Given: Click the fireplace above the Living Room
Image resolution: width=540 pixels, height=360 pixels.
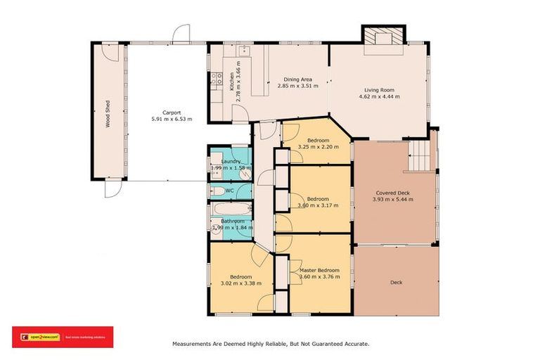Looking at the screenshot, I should click(383, 35).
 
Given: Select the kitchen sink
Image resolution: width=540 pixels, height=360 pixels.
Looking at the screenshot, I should click(245, 49).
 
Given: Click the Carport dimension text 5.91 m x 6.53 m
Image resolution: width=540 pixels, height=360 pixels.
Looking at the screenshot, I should click(172, 120).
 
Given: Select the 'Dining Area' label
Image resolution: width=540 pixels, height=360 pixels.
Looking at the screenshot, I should click(297, 79).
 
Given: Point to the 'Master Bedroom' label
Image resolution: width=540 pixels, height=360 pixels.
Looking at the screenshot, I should click(319, 270).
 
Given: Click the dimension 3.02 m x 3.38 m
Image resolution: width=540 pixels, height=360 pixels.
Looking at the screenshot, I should click(241, 283).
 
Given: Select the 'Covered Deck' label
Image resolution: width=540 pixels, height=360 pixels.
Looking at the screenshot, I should click(392, 192).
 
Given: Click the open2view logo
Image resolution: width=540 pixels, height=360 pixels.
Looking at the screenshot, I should click(39, 337).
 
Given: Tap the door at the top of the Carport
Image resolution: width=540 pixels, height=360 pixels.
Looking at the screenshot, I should click(183, 32).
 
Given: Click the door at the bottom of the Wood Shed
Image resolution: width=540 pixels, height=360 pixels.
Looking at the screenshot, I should click(112, 190).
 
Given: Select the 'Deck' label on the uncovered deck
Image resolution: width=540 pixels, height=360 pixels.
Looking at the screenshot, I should click(397, 283).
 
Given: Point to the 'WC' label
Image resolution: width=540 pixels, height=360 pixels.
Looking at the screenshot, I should click(229, 190).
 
